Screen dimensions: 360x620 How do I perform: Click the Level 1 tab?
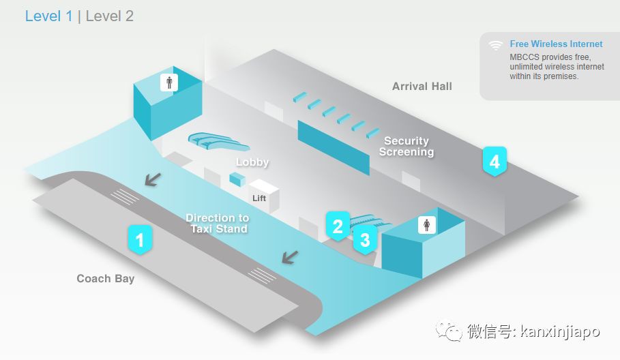[48, 16]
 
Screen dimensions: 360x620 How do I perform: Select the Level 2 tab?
[109, 16]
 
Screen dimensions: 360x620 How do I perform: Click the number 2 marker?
[337, 225]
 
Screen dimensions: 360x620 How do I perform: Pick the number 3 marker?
[365, 239]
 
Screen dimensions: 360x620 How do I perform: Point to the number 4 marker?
[494, 162]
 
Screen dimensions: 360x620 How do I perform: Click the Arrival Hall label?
[422, 86]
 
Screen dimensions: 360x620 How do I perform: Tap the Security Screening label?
[407, 146]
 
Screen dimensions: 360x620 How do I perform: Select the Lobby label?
[252, 162]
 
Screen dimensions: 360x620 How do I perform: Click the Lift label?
[259, 198]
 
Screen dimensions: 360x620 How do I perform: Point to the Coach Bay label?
[105, 278]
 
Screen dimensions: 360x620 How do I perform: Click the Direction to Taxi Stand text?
[218, 224]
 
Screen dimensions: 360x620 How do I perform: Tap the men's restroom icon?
[169, 82]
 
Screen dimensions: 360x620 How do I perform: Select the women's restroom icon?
[427, 224]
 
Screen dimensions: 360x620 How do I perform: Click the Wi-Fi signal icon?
[496, 46]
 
